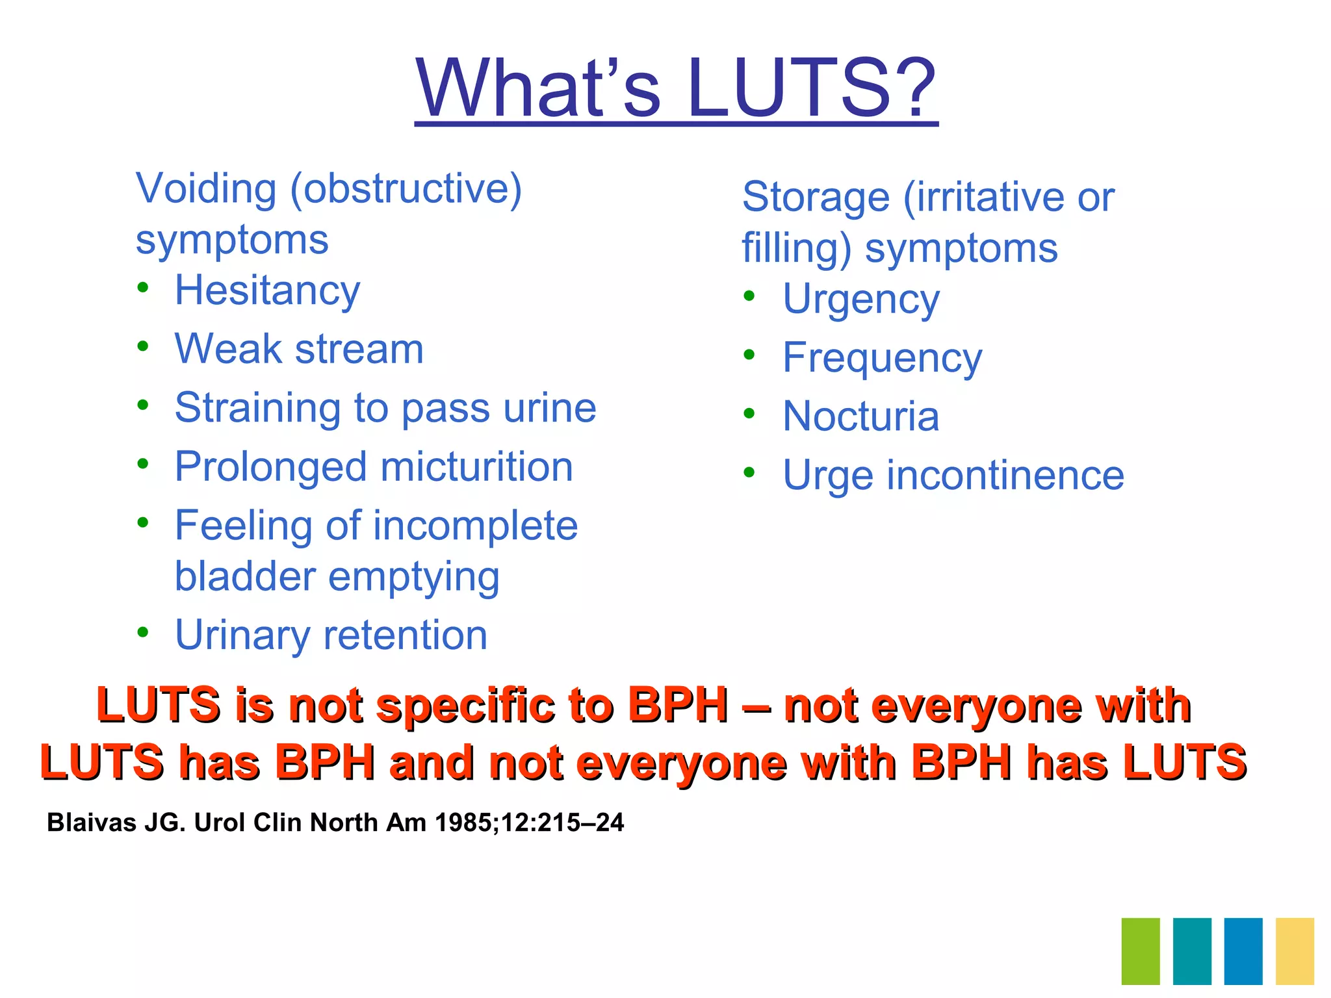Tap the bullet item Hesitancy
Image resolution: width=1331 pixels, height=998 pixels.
coord(267,290)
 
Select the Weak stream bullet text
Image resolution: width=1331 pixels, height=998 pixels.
coord(299,349)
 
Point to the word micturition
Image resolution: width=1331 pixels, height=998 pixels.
coord(476,467)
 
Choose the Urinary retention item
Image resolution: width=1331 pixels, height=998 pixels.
coord(331,635)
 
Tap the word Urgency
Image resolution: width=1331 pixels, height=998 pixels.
coord(861,300)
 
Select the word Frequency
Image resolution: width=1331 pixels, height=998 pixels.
coord(882,358)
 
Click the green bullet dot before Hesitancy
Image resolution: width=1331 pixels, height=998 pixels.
coord(143,288)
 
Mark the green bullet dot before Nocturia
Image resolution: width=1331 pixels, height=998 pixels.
coord(749,413)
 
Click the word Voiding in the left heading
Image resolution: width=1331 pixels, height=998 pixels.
coord(206,189)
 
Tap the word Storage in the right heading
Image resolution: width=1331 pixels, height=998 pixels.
coord(816,197)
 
